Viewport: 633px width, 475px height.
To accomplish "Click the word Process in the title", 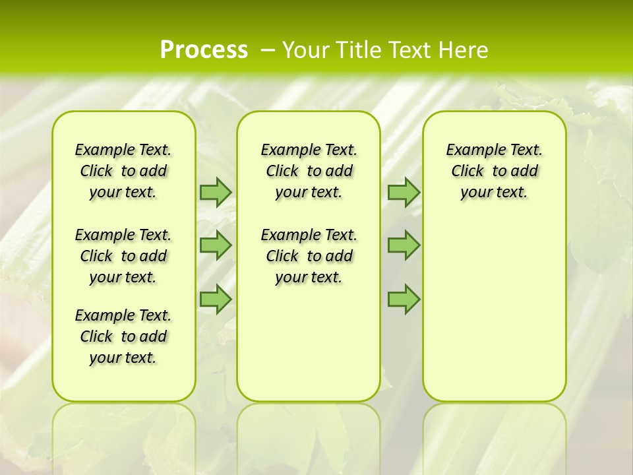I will [x=204, y=49].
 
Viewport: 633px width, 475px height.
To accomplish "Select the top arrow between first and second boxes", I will [x=216, y=192].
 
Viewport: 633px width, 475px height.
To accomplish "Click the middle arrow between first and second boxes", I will [x=216, y=245].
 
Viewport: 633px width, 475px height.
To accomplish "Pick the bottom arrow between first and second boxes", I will [x=216, y=299].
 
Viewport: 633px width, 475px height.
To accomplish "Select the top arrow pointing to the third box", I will [x=404, y=192].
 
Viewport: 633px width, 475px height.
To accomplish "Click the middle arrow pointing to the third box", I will [x=404, y=245].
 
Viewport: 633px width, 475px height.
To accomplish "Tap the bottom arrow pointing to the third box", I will [x=404, y=299].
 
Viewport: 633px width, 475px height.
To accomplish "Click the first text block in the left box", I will [x=123, y=171].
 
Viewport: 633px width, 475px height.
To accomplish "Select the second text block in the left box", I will [x=123, y=256].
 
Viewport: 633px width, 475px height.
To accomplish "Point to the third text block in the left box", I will [x=123, y=336].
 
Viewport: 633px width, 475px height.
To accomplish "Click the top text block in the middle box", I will [x=309, y=171].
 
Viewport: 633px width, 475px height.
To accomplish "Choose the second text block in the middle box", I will [x=309, y=256].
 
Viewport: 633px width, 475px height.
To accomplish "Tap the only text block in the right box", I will [x=494, y=171].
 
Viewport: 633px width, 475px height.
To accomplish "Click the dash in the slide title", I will [x=268, y=50].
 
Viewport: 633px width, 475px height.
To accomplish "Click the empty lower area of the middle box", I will [x=309, y=343].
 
